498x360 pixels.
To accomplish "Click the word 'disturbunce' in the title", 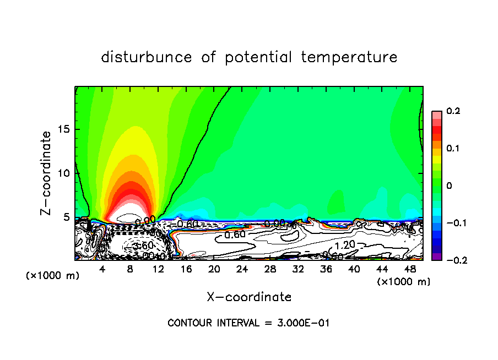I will (147, 57).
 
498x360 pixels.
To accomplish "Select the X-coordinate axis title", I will (249, 297).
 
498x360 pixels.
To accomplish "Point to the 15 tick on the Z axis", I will (64, 129).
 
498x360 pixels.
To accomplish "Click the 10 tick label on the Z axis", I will (64, 173).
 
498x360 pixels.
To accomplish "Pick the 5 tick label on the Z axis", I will (67, 217).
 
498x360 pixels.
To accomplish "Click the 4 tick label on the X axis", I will (102, 269).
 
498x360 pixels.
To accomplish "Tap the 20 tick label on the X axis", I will (214, 269).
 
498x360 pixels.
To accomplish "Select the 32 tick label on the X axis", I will (298, 269).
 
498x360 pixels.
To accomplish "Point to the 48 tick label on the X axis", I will (410, 269).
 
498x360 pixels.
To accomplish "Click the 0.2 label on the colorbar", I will (453, 111).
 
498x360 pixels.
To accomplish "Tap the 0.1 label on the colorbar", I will (453, 149).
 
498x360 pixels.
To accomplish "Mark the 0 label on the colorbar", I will (449, 186).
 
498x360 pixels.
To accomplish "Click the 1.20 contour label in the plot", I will (345, 244).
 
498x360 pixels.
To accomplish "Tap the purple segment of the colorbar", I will (436, 257).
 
